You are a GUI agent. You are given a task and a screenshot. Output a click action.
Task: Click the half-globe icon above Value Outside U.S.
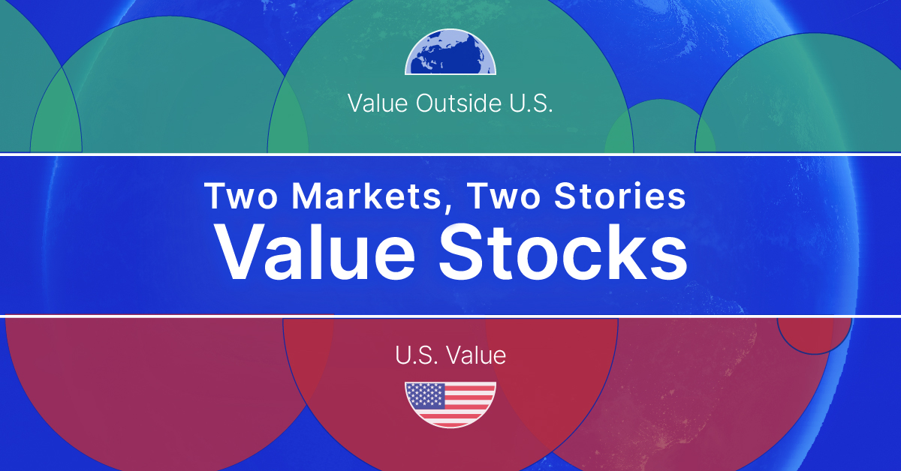(450, 52)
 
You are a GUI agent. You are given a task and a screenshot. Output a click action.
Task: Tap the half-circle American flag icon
(450, 404)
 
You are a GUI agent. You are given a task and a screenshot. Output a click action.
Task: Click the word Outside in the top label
(459, 103)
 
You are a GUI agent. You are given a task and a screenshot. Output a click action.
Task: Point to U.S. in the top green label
(531, 103)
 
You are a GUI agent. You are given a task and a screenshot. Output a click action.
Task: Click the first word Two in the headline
(240, 196)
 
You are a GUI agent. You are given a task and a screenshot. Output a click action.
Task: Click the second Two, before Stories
(504, 196)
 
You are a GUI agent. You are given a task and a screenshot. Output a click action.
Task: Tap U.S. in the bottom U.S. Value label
(416, 355)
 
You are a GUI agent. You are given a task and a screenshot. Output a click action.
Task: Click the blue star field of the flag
(425, 394)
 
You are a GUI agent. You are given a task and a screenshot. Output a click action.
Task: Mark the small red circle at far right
(815, 335)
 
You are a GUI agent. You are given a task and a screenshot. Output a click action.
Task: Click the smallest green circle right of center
(660, 126)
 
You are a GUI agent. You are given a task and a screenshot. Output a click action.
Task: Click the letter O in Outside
(426, 103)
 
